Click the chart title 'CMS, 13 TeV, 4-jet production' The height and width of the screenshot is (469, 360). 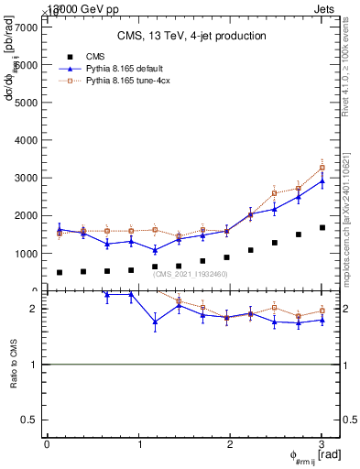pyautogui.click(x=191, y=37)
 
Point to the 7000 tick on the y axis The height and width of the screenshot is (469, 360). pyautogui.click(x=27, y=27)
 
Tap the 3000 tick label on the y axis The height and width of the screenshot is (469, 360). pyautogui.click(x=27, y=178)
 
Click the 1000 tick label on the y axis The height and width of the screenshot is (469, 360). pyautogui.click(x=27, y=254)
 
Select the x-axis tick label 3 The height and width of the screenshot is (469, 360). pyautogui.click(x=322, y=444)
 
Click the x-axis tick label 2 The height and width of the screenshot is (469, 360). pyautogui.click(x=230, y=444)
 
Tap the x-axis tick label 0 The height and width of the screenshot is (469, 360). pyautogui.click(x=47, y=444)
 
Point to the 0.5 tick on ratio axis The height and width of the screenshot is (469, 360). pyautogui.click(x=32, y=420)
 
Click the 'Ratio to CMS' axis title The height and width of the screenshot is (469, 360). pyautogui.click(x=14, y=364)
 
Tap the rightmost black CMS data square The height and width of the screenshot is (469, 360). pyautogui.click(x=322, y=227)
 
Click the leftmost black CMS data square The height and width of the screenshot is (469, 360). pyautogui.click(x=60, y=272)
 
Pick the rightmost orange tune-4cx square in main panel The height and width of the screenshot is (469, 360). pyautogui.click(x=322, y=168)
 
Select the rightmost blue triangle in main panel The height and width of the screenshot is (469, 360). pyautogui.click(x=322, y=180)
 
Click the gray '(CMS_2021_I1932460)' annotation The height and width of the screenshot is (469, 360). pyautogui.click(x=191, y=274)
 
